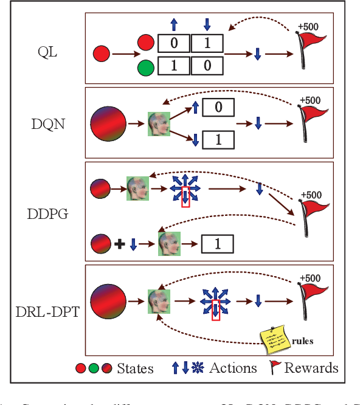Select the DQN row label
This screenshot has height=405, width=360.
49,124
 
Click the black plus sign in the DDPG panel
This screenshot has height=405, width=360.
119,244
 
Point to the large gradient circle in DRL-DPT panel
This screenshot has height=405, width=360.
108,300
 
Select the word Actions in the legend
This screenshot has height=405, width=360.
233,368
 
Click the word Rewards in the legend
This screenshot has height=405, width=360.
311,368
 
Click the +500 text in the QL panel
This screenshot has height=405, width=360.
308,27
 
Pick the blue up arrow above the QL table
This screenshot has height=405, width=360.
173,24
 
